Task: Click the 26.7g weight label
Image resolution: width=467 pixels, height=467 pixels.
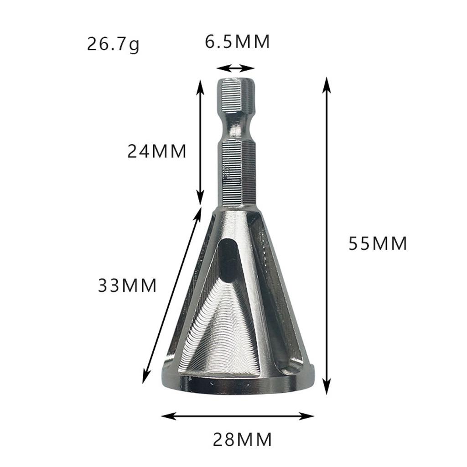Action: (x=113, y=45)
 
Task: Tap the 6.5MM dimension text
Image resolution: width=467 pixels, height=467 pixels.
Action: (x=237, y=42)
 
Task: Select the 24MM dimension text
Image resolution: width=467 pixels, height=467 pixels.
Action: (x=157, y=151)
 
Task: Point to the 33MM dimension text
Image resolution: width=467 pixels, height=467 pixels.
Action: (x=127, y=286)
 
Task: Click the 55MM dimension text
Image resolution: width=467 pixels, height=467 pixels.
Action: (x=378, y=244)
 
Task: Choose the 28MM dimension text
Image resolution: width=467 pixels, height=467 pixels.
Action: (x=242, y=440)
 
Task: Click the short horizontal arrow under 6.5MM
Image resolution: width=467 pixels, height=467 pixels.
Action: (x=235, y=68)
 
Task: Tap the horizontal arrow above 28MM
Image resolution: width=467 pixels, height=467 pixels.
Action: (x=238, y=416)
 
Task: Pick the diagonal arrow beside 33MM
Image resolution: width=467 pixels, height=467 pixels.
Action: (x=172, y=295)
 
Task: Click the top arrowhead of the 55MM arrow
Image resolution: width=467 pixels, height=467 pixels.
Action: (x=326, y=82)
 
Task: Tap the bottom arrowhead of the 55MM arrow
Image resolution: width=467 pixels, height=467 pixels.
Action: (x=326, y=389)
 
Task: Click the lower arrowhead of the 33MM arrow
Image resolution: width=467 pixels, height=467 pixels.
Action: (x=145, y=379)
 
